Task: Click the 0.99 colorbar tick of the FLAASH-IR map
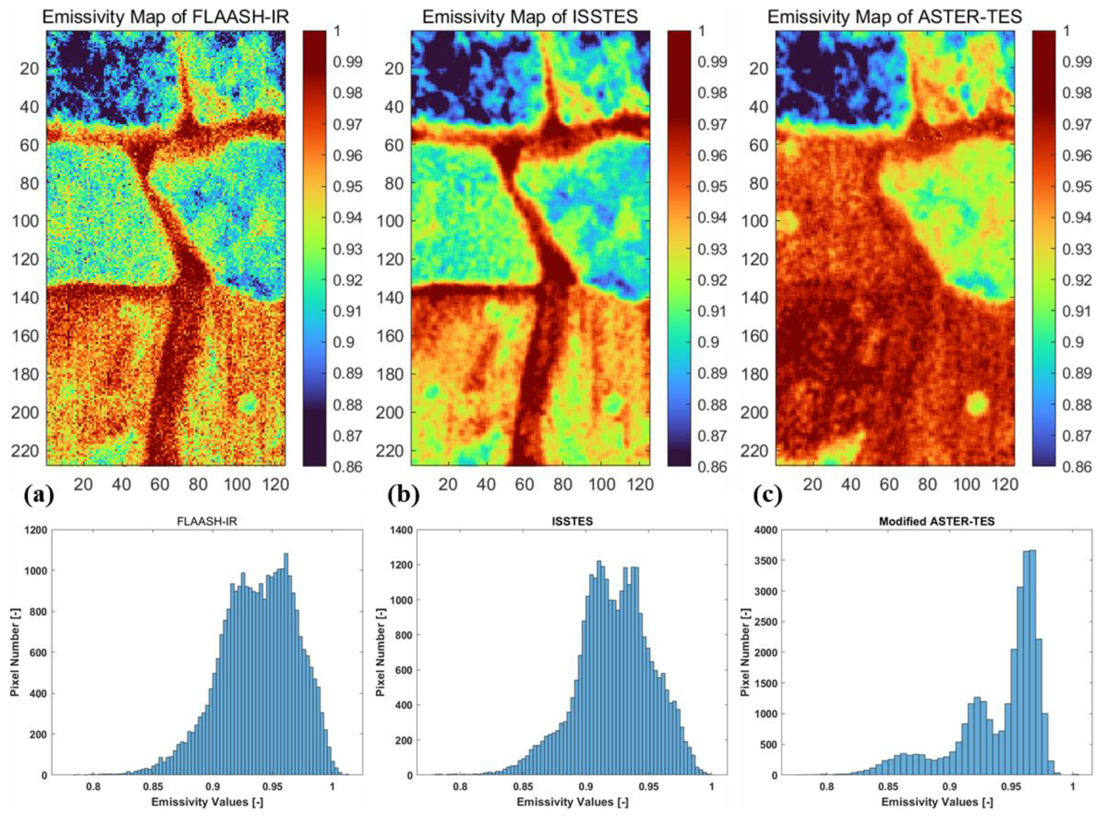click(347, 62)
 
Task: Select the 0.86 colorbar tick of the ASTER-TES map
click(1076, 466)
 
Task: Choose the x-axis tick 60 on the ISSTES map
click(524, 484)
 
